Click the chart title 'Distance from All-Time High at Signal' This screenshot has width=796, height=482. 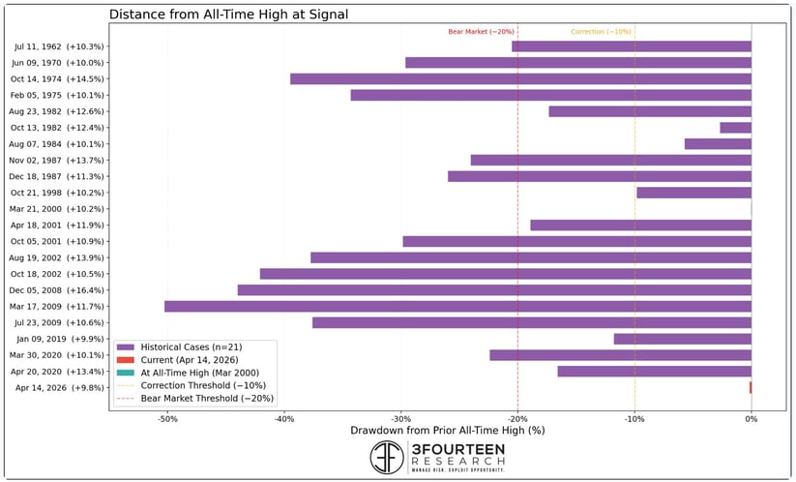[x=228, y=15]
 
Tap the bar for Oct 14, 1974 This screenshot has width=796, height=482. [x=520, y=78]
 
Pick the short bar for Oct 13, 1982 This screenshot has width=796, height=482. [x=735, y=128]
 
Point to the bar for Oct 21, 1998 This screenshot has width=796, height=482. [x=693, y=193]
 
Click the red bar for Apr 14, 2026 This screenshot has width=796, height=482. [x=750, y=387]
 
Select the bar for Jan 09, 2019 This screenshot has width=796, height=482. [x=682, y=339]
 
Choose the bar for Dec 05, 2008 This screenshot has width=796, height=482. [x=494, y=289]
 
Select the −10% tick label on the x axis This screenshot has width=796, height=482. [x=634, y=418]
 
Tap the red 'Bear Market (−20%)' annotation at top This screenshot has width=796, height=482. [x=481, y=32]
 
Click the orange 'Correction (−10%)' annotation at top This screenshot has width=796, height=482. [x=601, y=32]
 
